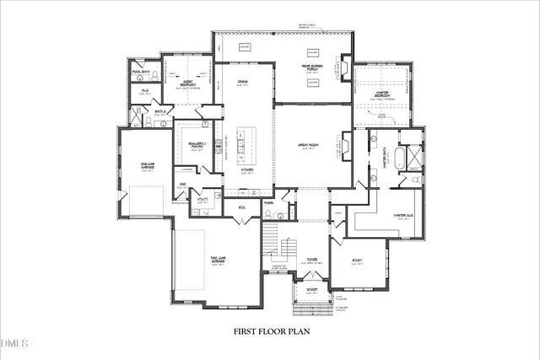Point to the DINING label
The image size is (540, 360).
point(243,81)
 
